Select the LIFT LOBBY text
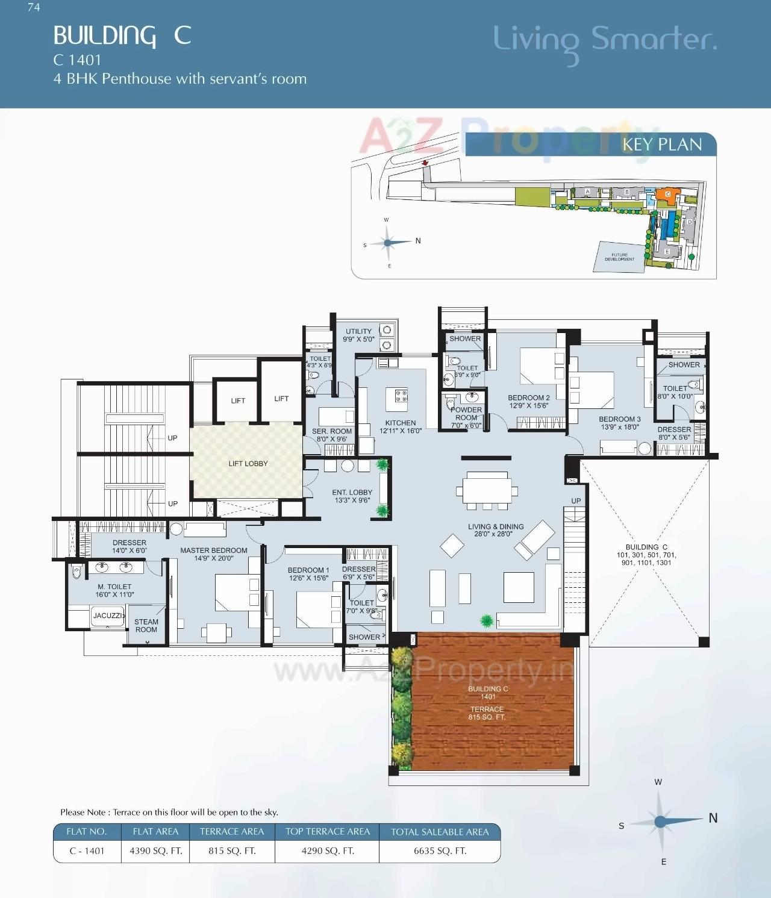pos(248,464)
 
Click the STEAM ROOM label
pos(146,626)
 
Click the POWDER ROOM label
pos(466,414)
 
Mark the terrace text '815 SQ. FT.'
pos(487,717)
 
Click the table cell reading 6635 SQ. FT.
pos(440,851)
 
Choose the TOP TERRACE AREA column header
pos(327,832)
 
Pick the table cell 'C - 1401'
pos(87,851)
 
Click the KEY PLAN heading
pos(662,145)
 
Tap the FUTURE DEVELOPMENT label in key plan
pos(619,257)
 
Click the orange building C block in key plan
pos(667,195)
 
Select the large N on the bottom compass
pos(713,818)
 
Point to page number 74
pos(34,8)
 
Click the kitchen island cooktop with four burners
pos(401,396)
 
